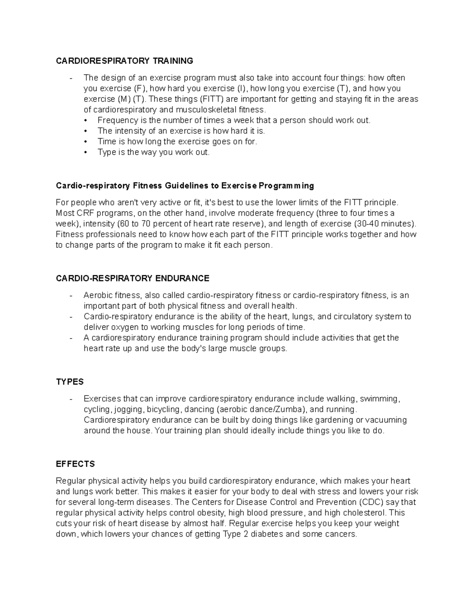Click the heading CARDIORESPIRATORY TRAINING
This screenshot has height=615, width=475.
(x=124, y=61)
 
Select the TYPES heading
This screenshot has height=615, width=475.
(x=70, y=382)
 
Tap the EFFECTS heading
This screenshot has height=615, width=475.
(x=75, y=464)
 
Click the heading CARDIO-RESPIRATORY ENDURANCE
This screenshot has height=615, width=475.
(x=132, y=278)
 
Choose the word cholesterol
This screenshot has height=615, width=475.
(x=367, y=513)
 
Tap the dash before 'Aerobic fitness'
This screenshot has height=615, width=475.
(x=70, y=295)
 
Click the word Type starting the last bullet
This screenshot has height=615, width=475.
(x=106, y=152)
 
